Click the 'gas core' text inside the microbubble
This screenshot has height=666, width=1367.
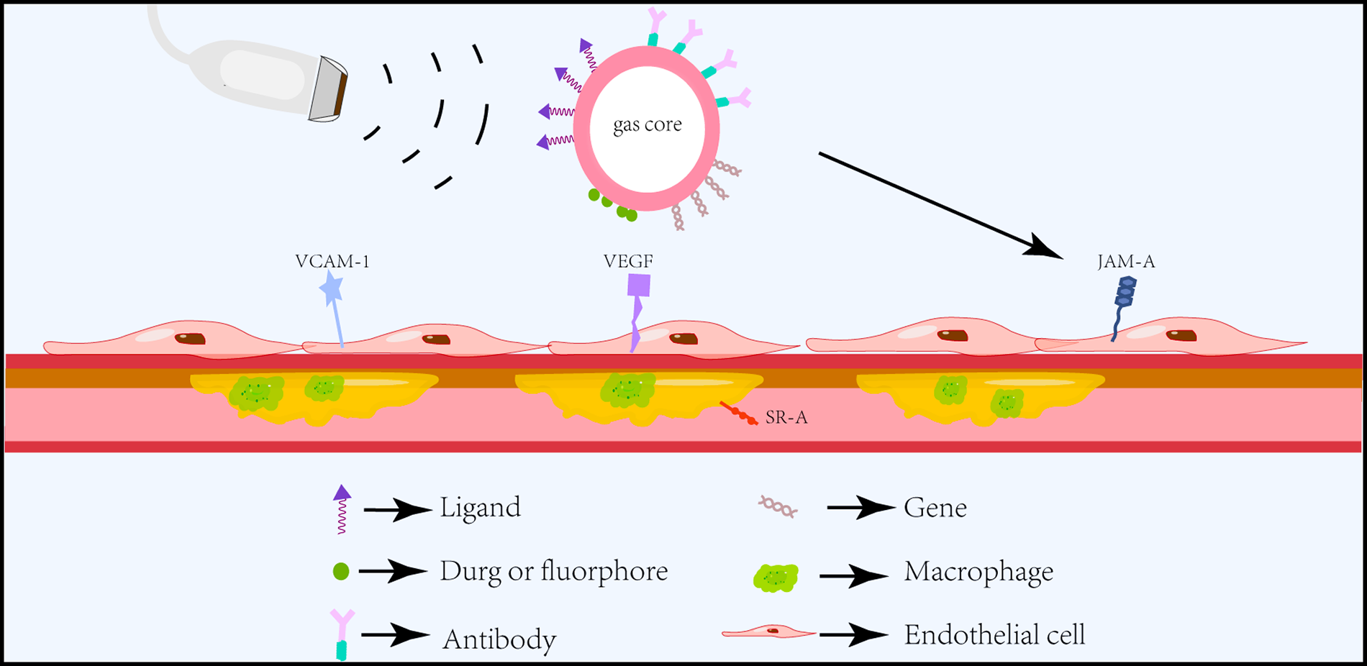pos(647,125)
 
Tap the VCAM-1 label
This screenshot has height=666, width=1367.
pos(332,261)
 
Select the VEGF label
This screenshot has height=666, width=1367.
pos(628,261)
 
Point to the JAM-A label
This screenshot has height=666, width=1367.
pos(1126,262)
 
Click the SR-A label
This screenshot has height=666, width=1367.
pos(786,418)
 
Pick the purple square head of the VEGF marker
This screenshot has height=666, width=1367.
pos(639,286)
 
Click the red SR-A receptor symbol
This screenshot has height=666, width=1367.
pos(739,414)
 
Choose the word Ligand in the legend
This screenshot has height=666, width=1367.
pos(480,508)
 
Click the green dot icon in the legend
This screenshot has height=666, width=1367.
pos(341,572)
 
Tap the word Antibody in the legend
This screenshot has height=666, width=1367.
pos(499,639)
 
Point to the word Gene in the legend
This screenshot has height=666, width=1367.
pos(935,508)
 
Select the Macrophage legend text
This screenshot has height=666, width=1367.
pos(978,572)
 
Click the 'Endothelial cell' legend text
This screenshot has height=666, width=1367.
pos(994,635)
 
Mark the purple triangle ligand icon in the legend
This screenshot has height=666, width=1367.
pos(342,493)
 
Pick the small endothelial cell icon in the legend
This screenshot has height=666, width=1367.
pos(768,632)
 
